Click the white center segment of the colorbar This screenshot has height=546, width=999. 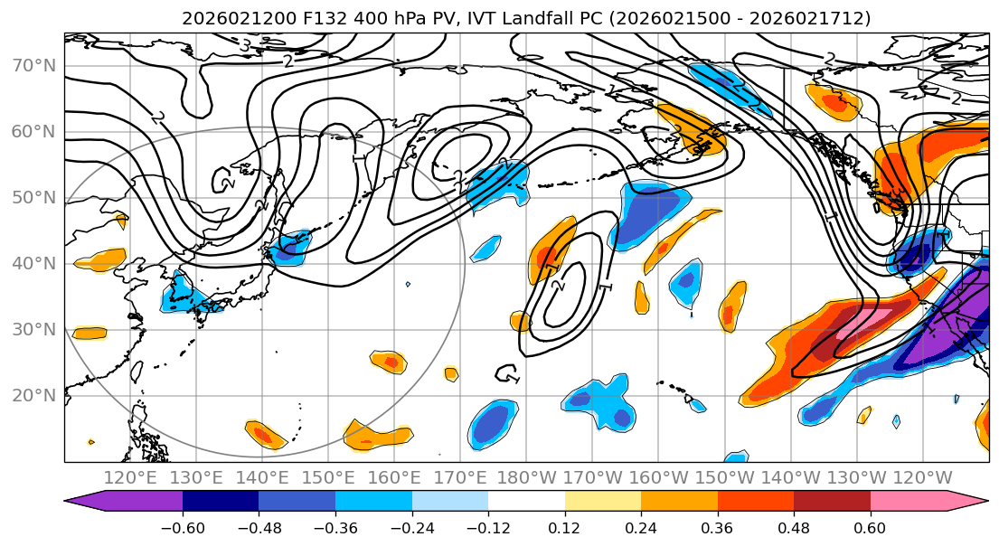pyautogui.click(x=526, y=502)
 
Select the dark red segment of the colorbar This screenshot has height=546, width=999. pyautogui.click(x=832, y=502)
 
